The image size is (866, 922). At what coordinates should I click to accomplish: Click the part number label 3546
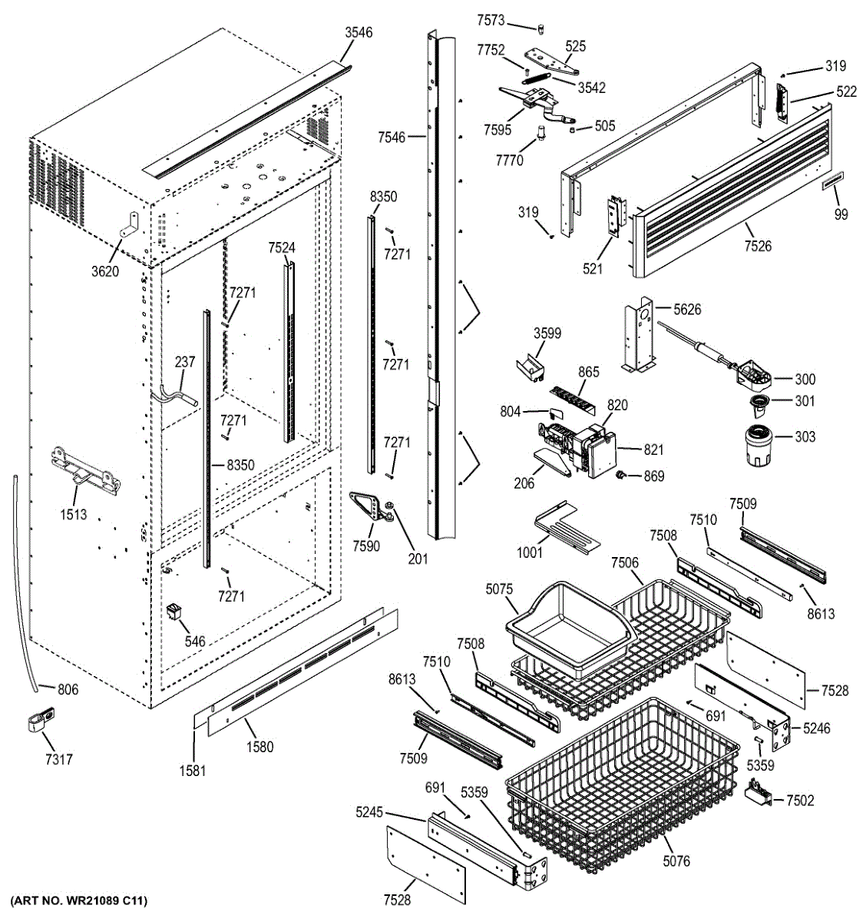tap(359, 32)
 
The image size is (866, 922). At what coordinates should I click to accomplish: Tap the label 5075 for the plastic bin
tap(499, 590)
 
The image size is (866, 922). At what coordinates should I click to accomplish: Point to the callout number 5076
tap(676, 861)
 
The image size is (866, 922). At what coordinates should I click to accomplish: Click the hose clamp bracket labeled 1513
tap(84, 468)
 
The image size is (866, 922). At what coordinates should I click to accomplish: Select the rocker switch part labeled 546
tap(176, 612)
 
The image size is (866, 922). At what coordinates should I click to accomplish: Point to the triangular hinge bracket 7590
tap(369, 506)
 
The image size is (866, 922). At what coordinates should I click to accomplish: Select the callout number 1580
tap(259, 746)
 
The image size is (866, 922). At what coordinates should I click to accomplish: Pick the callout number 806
tap(68, 690)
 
